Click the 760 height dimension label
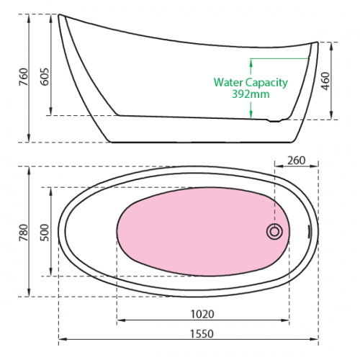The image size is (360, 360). pos(24,77)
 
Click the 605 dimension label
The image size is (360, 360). pos(45,77)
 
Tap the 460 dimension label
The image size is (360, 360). pos(326,81)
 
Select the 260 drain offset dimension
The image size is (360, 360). pos(297,161)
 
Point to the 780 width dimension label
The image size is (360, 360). pos(24,233)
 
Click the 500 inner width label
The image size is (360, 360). pos(45,233)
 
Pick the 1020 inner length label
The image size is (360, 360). pos(202,314)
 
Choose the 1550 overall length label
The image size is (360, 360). pos(202,334)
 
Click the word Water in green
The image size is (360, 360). pos(228,82)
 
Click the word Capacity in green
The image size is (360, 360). pos(266,83)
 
